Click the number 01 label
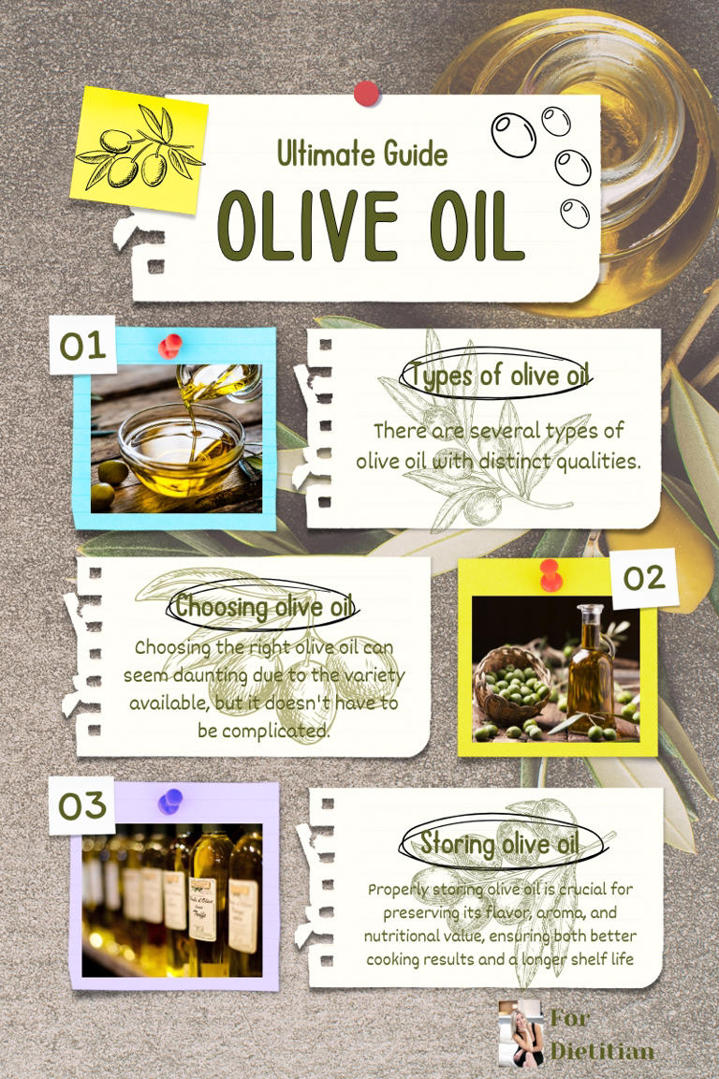[82, 346]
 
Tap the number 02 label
[644, 578]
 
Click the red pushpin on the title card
[366, 93]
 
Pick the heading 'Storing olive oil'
[498, 843]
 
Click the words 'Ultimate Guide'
[362, 154]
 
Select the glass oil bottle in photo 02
[591, 667]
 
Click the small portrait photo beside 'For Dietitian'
[520, 1032]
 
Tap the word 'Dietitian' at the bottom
[601, 1051]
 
